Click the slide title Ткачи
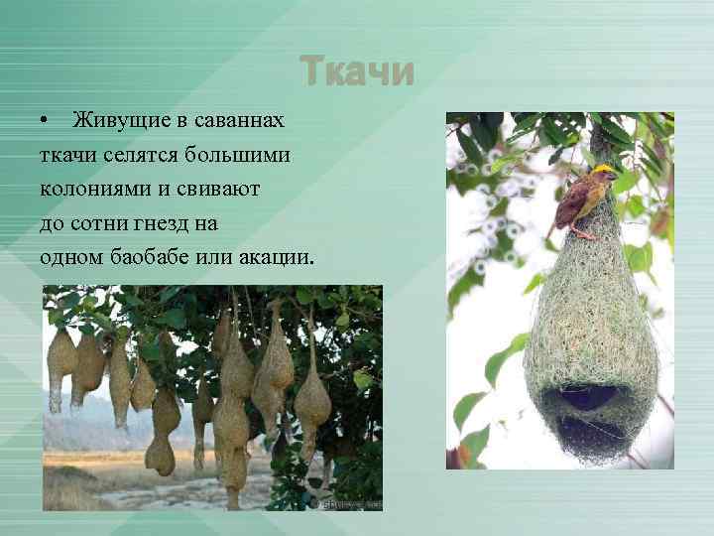[x=357, y=71]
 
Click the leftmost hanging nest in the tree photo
[x=60, y=367]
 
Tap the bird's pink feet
[x=579, y=234]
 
